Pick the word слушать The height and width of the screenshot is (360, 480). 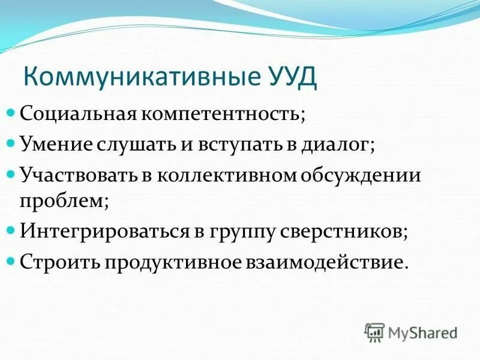pos(128,145)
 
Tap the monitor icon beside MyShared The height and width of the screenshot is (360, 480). pos(374,332)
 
